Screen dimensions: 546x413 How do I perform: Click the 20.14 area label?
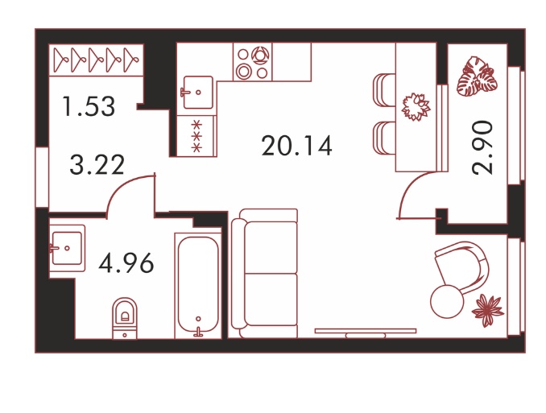pyautogui.click(x=296, y=146)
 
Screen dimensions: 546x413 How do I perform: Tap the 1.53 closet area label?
pyautogui.click(x=89, y=106)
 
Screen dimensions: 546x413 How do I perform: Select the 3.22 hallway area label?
pyautogui.click(x=97, y=165)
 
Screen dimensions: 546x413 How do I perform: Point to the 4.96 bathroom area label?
pyautogui.click(x=126, y=263)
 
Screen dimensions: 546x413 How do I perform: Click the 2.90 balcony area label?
pyautogui.click(x=482, y=147)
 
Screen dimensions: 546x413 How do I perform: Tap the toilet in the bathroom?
pyautogui.click(x=125, y=318)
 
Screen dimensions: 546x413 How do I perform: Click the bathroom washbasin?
pyautogui.click(x=67, y=248)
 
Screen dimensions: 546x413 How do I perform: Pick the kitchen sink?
pyautogui.click(x=197, y=93)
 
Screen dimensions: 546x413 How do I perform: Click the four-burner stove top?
pyautogui.click(x=252, y=62)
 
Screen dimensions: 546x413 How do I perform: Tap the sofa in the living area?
pyautogui.click(x=265, y=274)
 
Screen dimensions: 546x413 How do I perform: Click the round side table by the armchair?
pyautogui.click(x=448, y=301)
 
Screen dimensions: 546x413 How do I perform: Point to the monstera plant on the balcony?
pyautogui.click(x=477, y=76)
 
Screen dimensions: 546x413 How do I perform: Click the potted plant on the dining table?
pyautogui.click(x=416, y=107)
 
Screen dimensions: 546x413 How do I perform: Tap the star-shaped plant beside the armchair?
pyautogui.click(x=487, y=310)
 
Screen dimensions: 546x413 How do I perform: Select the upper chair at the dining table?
pyautogui.click(x=384, y=90)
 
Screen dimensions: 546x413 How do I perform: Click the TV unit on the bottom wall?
pyautogui.click(x=366, y=333)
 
